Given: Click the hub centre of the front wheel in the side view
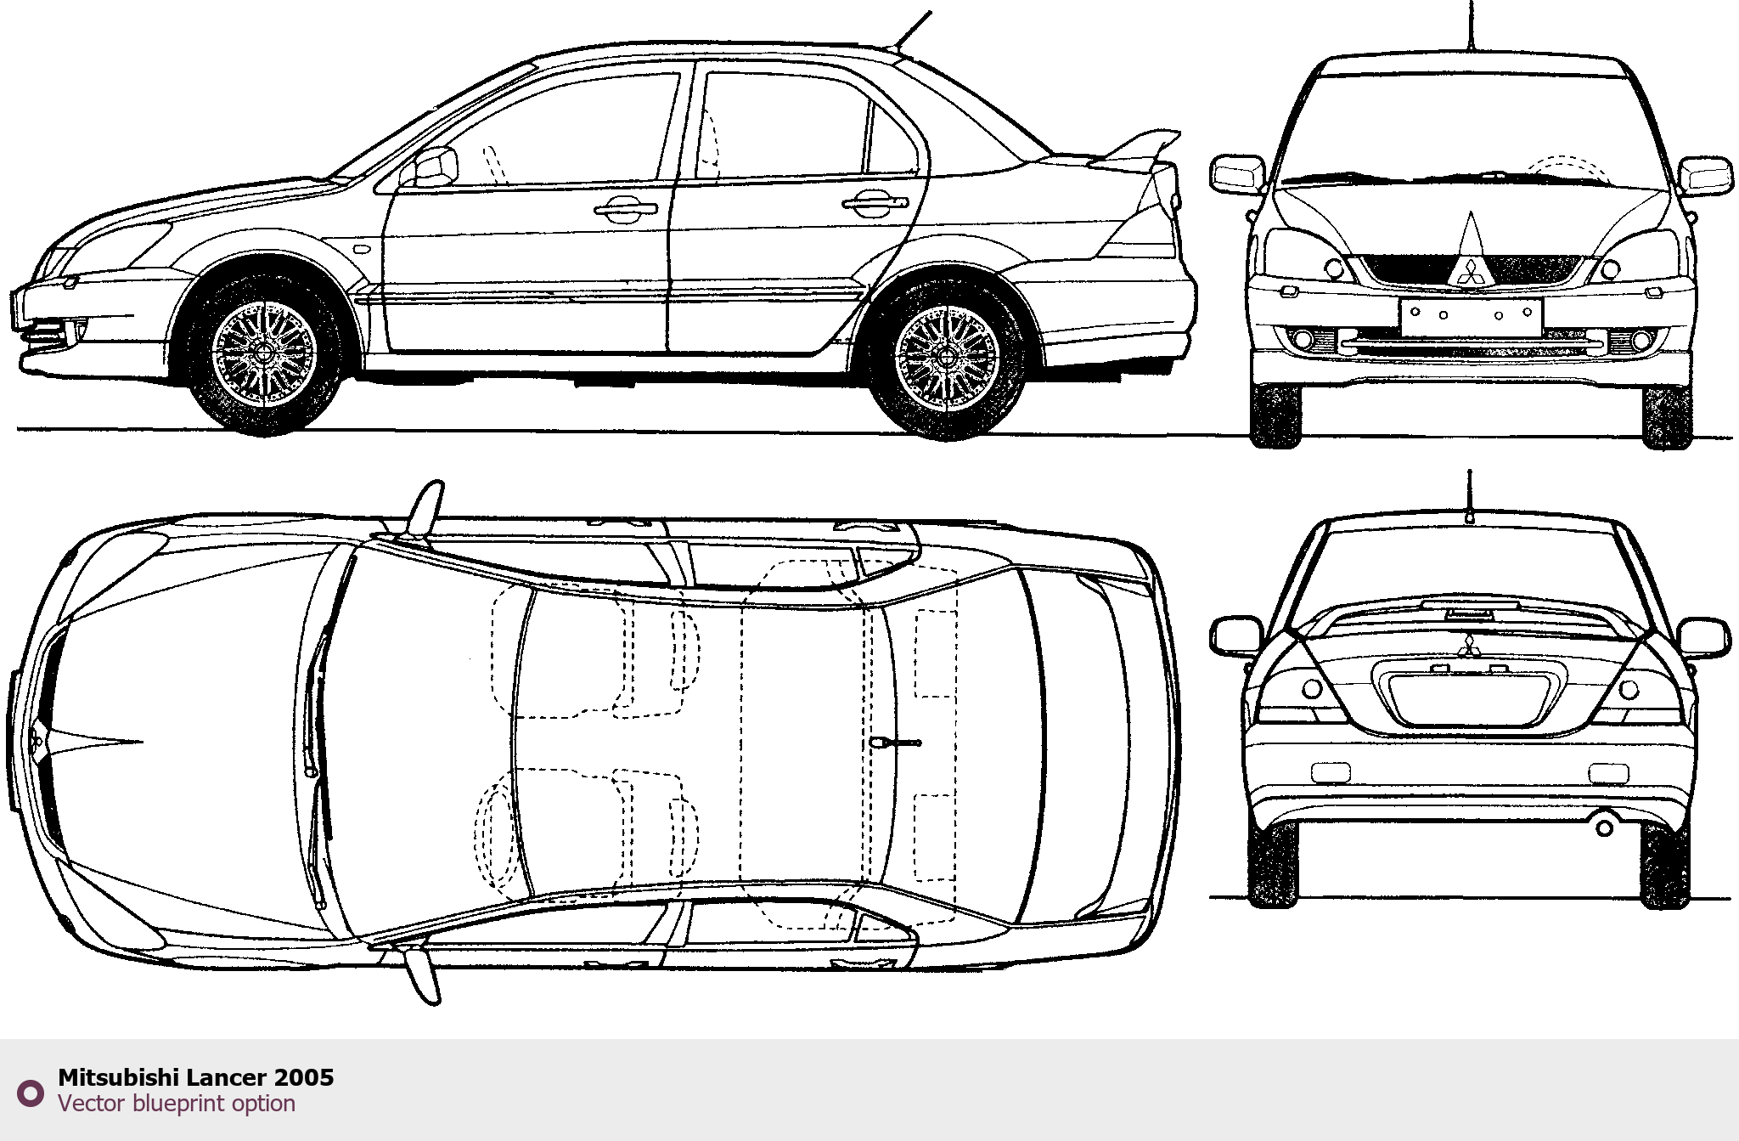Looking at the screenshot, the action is (x=263, y=354).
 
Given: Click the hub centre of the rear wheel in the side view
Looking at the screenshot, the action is (x=947, y=359).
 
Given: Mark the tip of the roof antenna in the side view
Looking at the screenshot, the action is (x=931, y=12).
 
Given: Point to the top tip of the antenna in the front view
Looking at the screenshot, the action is (x=1471, y=2).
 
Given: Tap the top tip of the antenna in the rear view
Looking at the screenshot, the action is (x=1469, y=470).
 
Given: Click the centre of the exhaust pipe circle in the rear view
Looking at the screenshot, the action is (x=1604, y=827).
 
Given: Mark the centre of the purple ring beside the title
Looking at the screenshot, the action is (x=31, y=1093).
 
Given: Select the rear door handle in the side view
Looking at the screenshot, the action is (x=875, y=202).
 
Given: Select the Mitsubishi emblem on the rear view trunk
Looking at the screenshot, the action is (x=1469, y=646).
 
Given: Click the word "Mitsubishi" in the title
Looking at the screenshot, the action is (x=118, y=1077).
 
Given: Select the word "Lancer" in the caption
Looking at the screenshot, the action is (x=227, y=1077).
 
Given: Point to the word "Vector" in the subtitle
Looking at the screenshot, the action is (x=91, y=1104).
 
